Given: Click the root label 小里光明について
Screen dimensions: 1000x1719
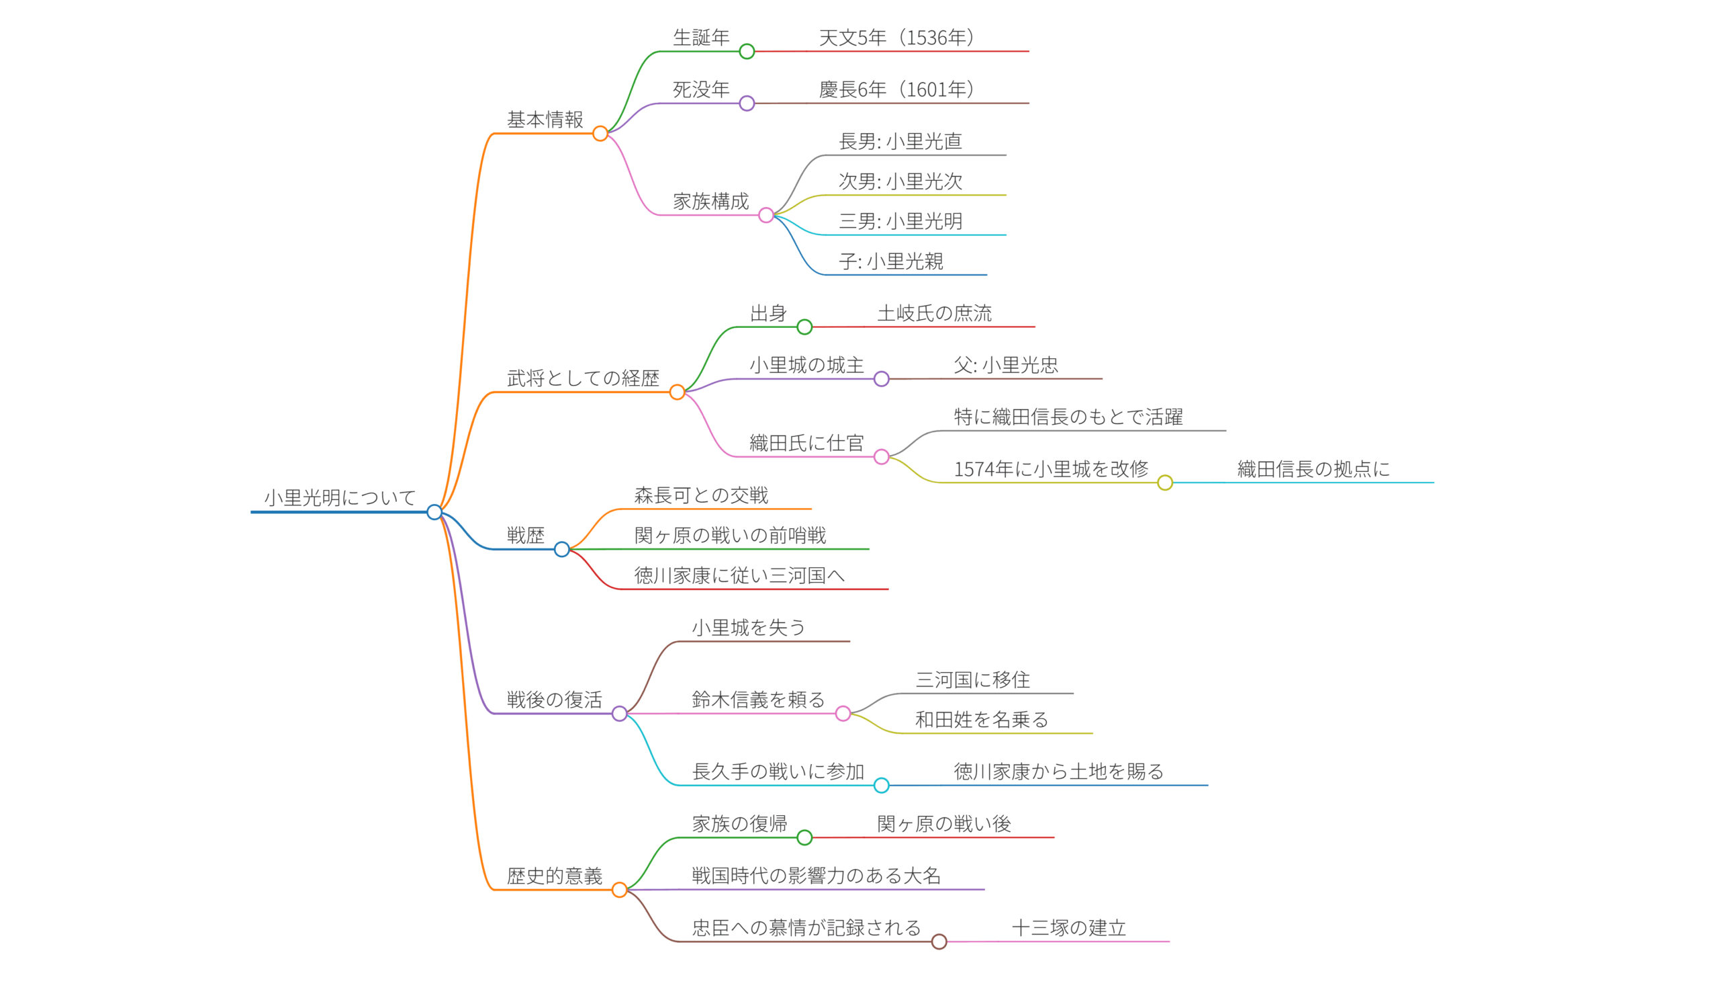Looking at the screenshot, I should [x=340, y=497].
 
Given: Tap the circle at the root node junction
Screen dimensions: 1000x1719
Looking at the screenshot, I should [x=434, y=512].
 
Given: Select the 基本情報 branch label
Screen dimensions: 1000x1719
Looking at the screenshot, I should [x=545, y=120].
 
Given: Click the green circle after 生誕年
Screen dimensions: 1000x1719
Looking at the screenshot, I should [x=747, y=51].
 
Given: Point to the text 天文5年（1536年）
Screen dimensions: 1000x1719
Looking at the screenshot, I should [x=896, y=38].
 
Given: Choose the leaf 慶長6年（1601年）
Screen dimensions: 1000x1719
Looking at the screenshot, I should [x=896, y=90].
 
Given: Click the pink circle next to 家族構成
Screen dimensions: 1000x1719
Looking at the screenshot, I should [x=766, y=215].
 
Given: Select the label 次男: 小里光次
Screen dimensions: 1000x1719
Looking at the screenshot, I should [x=900, y=181].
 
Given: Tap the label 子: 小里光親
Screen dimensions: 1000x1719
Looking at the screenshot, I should [x=890, y=261].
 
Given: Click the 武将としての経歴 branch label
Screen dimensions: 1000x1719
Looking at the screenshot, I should [x=583, y=378].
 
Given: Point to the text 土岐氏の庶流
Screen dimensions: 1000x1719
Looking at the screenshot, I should [x=934, y=314].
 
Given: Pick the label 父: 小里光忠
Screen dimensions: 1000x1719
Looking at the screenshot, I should [x=1005, y=365].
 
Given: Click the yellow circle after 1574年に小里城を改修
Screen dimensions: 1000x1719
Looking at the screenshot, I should [x=1165, y=483].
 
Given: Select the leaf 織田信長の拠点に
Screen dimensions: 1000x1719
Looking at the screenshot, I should [x=1313, y=470].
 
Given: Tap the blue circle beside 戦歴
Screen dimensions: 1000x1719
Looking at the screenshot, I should [x=561, y=549].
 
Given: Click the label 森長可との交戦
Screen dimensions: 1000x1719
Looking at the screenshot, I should [x=700, y=495].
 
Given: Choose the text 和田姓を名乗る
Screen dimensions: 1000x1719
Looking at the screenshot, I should [x=981, y=720].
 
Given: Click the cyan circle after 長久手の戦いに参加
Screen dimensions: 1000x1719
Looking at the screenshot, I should [x=882, y=785].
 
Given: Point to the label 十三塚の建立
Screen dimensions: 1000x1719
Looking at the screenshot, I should [x=1068, y=927].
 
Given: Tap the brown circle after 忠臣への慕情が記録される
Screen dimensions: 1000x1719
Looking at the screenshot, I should [x=939, y=942].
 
